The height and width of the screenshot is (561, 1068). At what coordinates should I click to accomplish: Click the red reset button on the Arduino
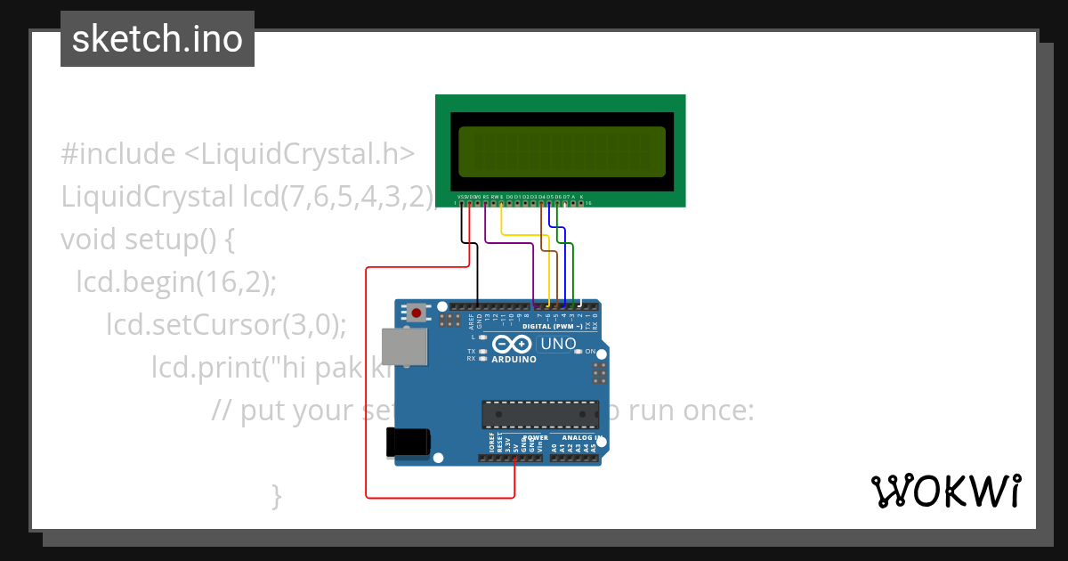pos(416,313)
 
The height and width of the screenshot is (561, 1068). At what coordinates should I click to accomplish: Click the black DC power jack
pos(408,443)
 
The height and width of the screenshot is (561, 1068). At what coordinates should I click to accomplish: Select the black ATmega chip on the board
pos(540,414)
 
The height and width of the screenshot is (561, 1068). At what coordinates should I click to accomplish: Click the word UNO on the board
pos(559,344)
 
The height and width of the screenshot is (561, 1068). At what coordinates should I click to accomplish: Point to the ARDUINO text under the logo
pos(514,360)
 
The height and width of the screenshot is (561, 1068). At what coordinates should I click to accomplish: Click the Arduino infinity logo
pos(513,344)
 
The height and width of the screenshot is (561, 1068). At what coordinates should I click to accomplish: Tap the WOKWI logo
pos(945,492)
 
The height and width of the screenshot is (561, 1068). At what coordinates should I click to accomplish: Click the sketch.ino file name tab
pos(158,39)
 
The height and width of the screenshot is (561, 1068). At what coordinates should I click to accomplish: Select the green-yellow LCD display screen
pos(562,151)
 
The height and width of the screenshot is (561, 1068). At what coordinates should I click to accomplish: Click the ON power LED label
pos(590,352)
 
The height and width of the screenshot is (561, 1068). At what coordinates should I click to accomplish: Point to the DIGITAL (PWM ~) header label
pos(552,327)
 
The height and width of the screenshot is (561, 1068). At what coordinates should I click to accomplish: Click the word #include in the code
pos(118,154)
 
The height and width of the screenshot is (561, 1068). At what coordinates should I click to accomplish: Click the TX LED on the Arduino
pos(482,351)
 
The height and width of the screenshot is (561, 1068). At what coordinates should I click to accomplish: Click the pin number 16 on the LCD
pos(588,203)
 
